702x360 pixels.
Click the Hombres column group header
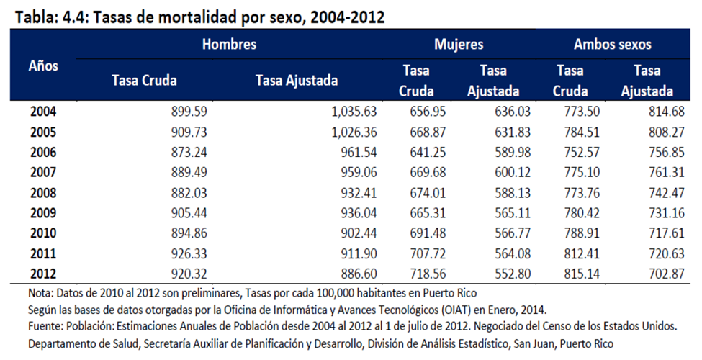coord(229,45)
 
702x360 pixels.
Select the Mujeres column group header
coord(458,45)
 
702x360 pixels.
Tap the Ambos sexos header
coord(612,45)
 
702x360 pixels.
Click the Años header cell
coord(43,66)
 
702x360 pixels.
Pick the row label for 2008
coord(43,194)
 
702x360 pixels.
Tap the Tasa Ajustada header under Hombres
coord(297,81)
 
